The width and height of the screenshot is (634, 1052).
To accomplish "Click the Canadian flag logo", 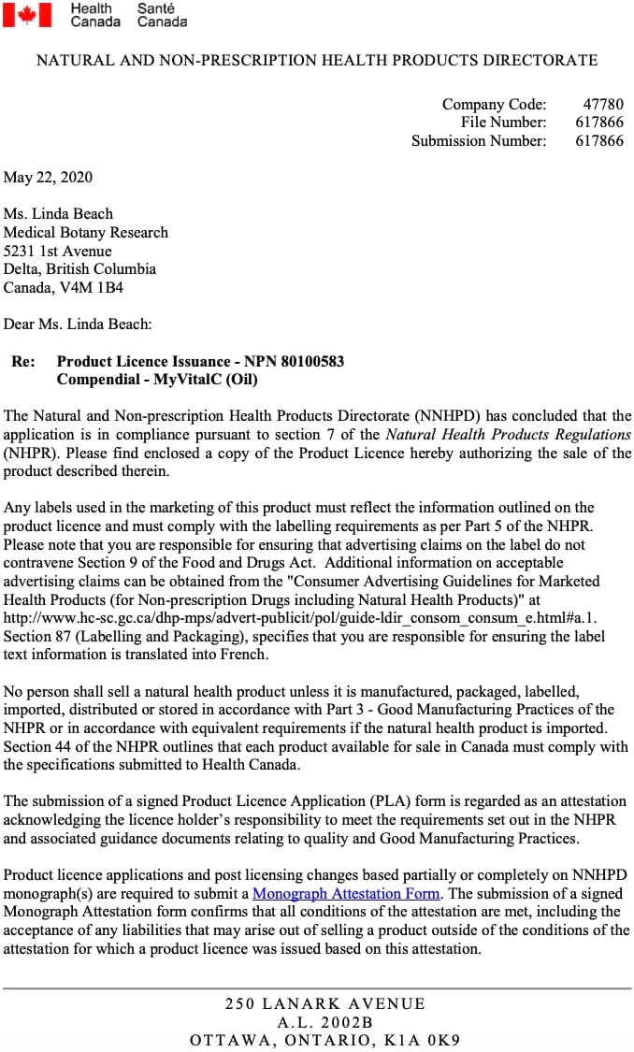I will (x=26, y=14).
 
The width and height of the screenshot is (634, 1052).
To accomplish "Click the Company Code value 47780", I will (x=603, y=104).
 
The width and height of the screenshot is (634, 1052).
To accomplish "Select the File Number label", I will (x=503, y=122).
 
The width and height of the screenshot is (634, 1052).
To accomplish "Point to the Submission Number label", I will (x=479, y=140).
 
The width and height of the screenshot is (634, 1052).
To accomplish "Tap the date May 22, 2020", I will (x=48, y=177).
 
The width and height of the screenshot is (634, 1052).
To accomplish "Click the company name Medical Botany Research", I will (x=86, y=232).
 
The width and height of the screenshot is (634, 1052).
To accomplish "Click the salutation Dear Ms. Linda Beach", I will (x=78, y=324).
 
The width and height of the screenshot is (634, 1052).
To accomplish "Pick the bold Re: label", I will (x=23, y=361).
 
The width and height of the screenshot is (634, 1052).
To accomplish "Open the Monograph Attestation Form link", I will (x=346, y=893).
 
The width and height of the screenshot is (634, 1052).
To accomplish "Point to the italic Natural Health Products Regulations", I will (x=508, y=434).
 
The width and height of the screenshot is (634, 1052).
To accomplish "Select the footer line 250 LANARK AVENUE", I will (x=324, y=1003).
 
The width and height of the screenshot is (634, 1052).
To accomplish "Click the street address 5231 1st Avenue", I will (x=58, y=251).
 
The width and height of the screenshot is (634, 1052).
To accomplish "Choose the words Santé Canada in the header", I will (x=162, y=14).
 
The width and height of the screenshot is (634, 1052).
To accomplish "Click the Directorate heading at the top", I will (x=317, y=60).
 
